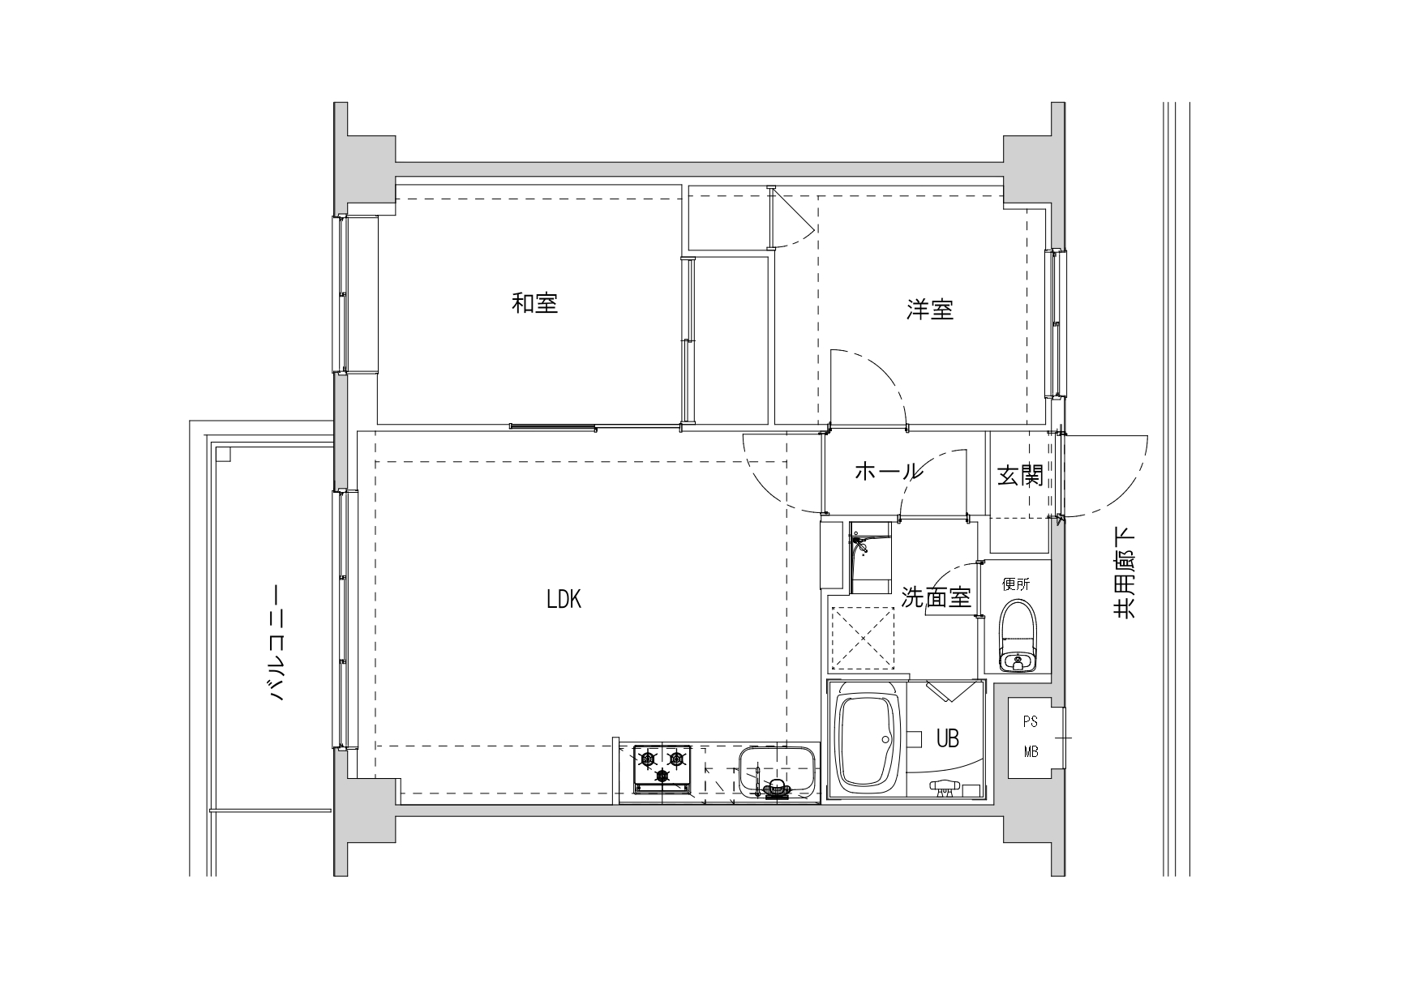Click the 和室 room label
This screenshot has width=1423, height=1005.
pos(535,304)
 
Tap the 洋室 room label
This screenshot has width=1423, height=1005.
pos(930,309)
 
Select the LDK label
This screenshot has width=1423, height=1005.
pos(564,600)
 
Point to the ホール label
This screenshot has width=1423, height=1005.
pos(889,471)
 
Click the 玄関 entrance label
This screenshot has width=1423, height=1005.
pos(1020,476)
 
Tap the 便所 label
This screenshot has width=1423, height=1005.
pos(1015,584)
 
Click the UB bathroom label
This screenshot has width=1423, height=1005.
pos(948,738)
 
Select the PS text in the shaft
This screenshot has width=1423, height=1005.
pos(1030,721)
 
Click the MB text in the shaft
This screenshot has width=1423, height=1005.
pos(1030,752)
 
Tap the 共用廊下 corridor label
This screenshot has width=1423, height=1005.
pos(1124,573)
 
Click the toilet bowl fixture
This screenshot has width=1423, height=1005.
pos(1017,636)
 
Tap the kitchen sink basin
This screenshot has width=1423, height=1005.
pos(777,773)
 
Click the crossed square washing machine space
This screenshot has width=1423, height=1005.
pos(862,639)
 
